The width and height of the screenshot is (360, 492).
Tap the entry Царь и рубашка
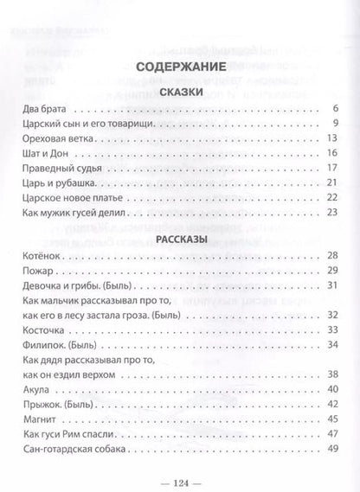click(54, 186)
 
